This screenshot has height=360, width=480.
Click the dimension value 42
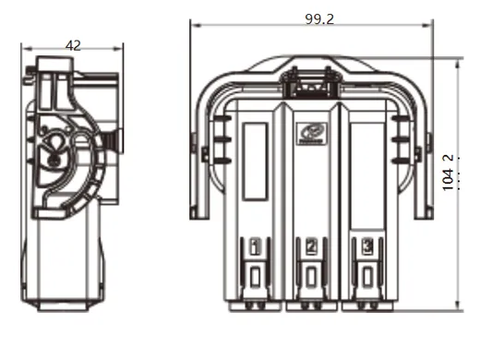pyautogui.click(x=73, y=44)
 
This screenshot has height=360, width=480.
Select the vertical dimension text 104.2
pyautogui.click(x=450, y=173)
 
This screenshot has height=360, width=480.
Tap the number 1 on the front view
pyautogui.click(x=255, y=246)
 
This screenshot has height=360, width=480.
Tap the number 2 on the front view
pyautogui.click(x=311, y=246)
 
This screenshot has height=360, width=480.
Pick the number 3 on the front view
pyautogui.click(x=367, y=246)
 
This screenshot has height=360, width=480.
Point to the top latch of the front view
pyautogui.click(x=310, y=81)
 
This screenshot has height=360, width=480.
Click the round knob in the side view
pyautogui.click(x=54, y=150)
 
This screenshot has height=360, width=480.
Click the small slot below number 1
pyautogui.click(x=255, y=278)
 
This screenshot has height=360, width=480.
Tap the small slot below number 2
pyautogui.click(x=311, y=278)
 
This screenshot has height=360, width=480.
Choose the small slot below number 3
pyautogui.click(x=367, y=278)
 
